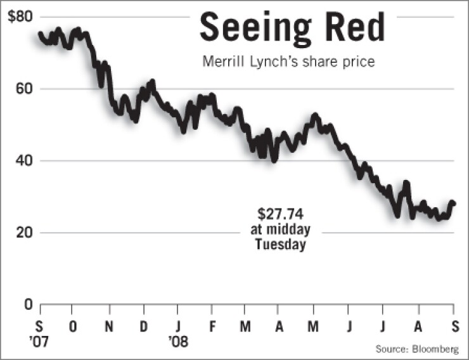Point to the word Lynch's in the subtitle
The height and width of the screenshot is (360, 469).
[x=267, y=63]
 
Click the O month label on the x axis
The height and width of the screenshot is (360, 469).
[x=74, y=327]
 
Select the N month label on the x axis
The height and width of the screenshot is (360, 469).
[x=110, y=327]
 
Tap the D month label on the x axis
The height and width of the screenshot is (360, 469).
[x=143, y=327]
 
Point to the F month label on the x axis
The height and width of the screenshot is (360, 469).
[x=212, y=327]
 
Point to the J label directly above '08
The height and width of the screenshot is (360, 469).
[x=178, y=327]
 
